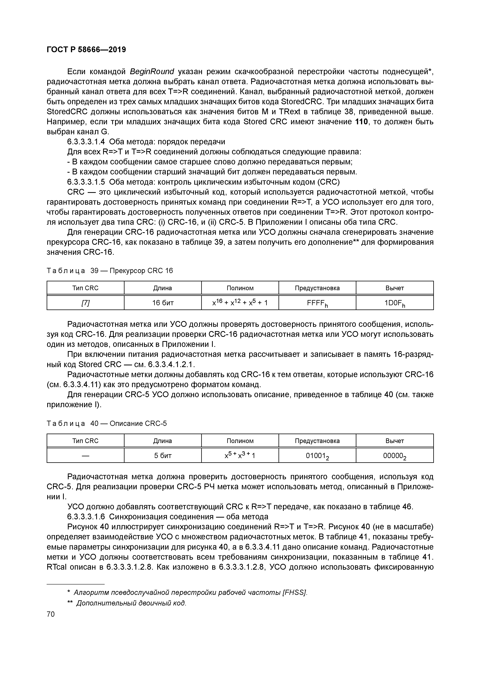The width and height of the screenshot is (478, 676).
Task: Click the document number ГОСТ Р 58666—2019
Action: (86, 50)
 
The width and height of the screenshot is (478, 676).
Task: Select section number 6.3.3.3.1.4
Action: (86, 142)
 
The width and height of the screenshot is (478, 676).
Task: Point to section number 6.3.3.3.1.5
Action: (86, 182)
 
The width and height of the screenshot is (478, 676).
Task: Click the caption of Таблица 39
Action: (109, 271)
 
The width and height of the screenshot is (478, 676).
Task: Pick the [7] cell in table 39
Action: (85, 303)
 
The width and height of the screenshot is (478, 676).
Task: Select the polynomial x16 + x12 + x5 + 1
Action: (240, 302)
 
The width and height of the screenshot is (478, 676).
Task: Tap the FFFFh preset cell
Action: (317, 303)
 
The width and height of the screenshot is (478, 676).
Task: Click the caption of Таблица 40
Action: (107, 423)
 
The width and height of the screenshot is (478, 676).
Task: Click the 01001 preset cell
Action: (317, 456)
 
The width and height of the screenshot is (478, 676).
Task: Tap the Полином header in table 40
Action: (240, 441)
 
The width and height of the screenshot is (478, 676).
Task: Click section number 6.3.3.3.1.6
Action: (86, 517)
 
